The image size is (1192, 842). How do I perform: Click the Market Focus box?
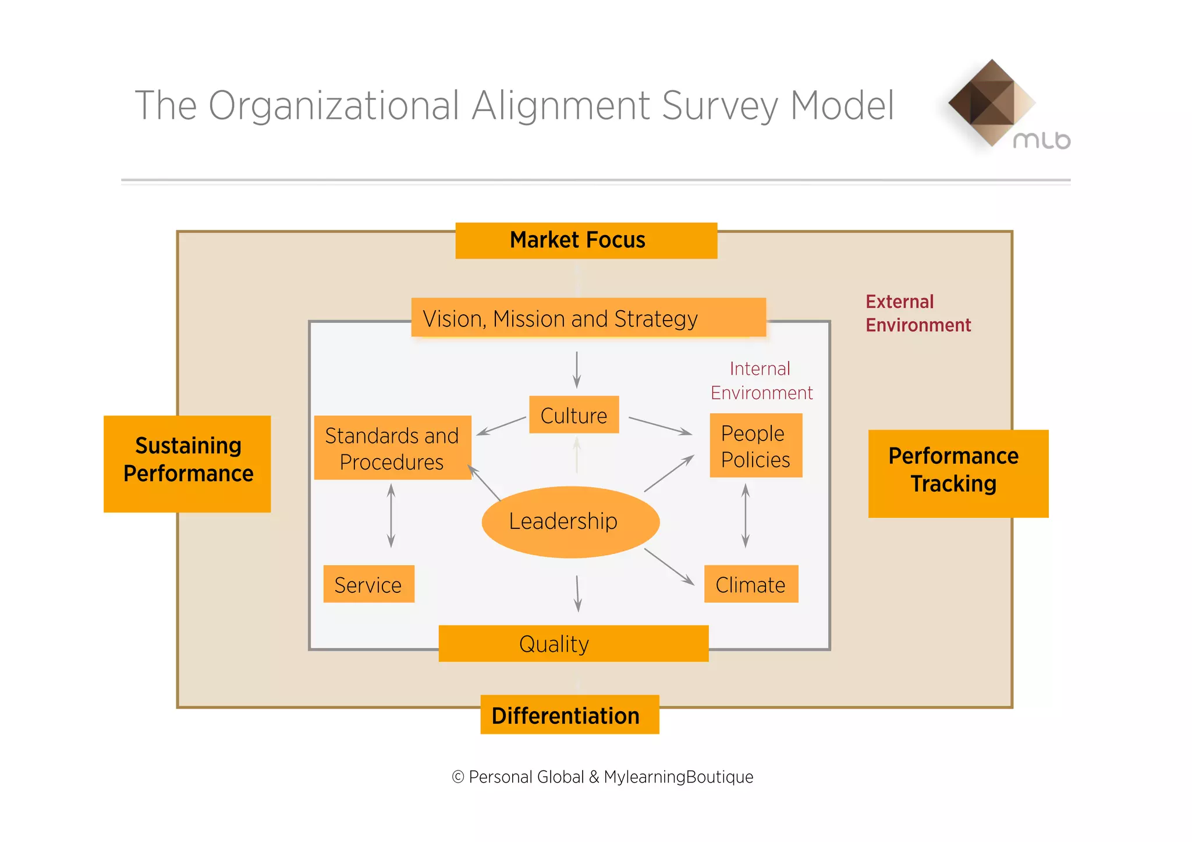pos(586,240)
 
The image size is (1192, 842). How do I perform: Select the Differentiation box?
pos(569,715)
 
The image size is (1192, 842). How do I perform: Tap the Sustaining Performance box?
pos(187,464)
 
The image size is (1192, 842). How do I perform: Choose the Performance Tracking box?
pos(958,474)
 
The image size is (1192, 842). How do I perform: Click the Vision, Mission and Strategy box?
pos(588,318)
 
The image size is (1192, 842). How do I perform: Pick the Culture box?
pos(574,415)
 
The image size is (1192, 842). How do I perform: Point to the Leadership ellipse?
pos(570,521)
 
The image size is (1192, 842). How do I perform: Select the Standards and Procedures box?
pos(392,447)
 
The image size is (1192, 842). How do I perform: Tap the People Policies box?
pos(755,446)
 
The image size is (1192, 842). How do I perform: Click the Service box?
pos(368,584)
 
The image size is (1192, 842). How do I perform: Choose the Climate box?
pos(751,584)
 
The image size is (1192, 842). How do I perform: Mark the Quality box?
pos(573,644)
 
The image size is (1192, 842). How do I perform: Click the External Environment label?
pos(918,313)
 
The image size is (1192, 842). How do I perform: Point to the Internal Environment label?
pos(761,381)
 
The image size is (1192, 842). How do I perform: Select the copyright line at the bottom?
pos(602,777)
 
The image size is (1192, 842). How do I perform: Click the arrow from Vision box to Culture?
pos(577,370)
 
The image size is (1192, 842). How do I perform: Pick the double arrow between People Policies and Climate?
pos(746,516)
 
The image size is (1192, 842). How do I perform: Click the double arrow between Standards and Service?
pos(391,516)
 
